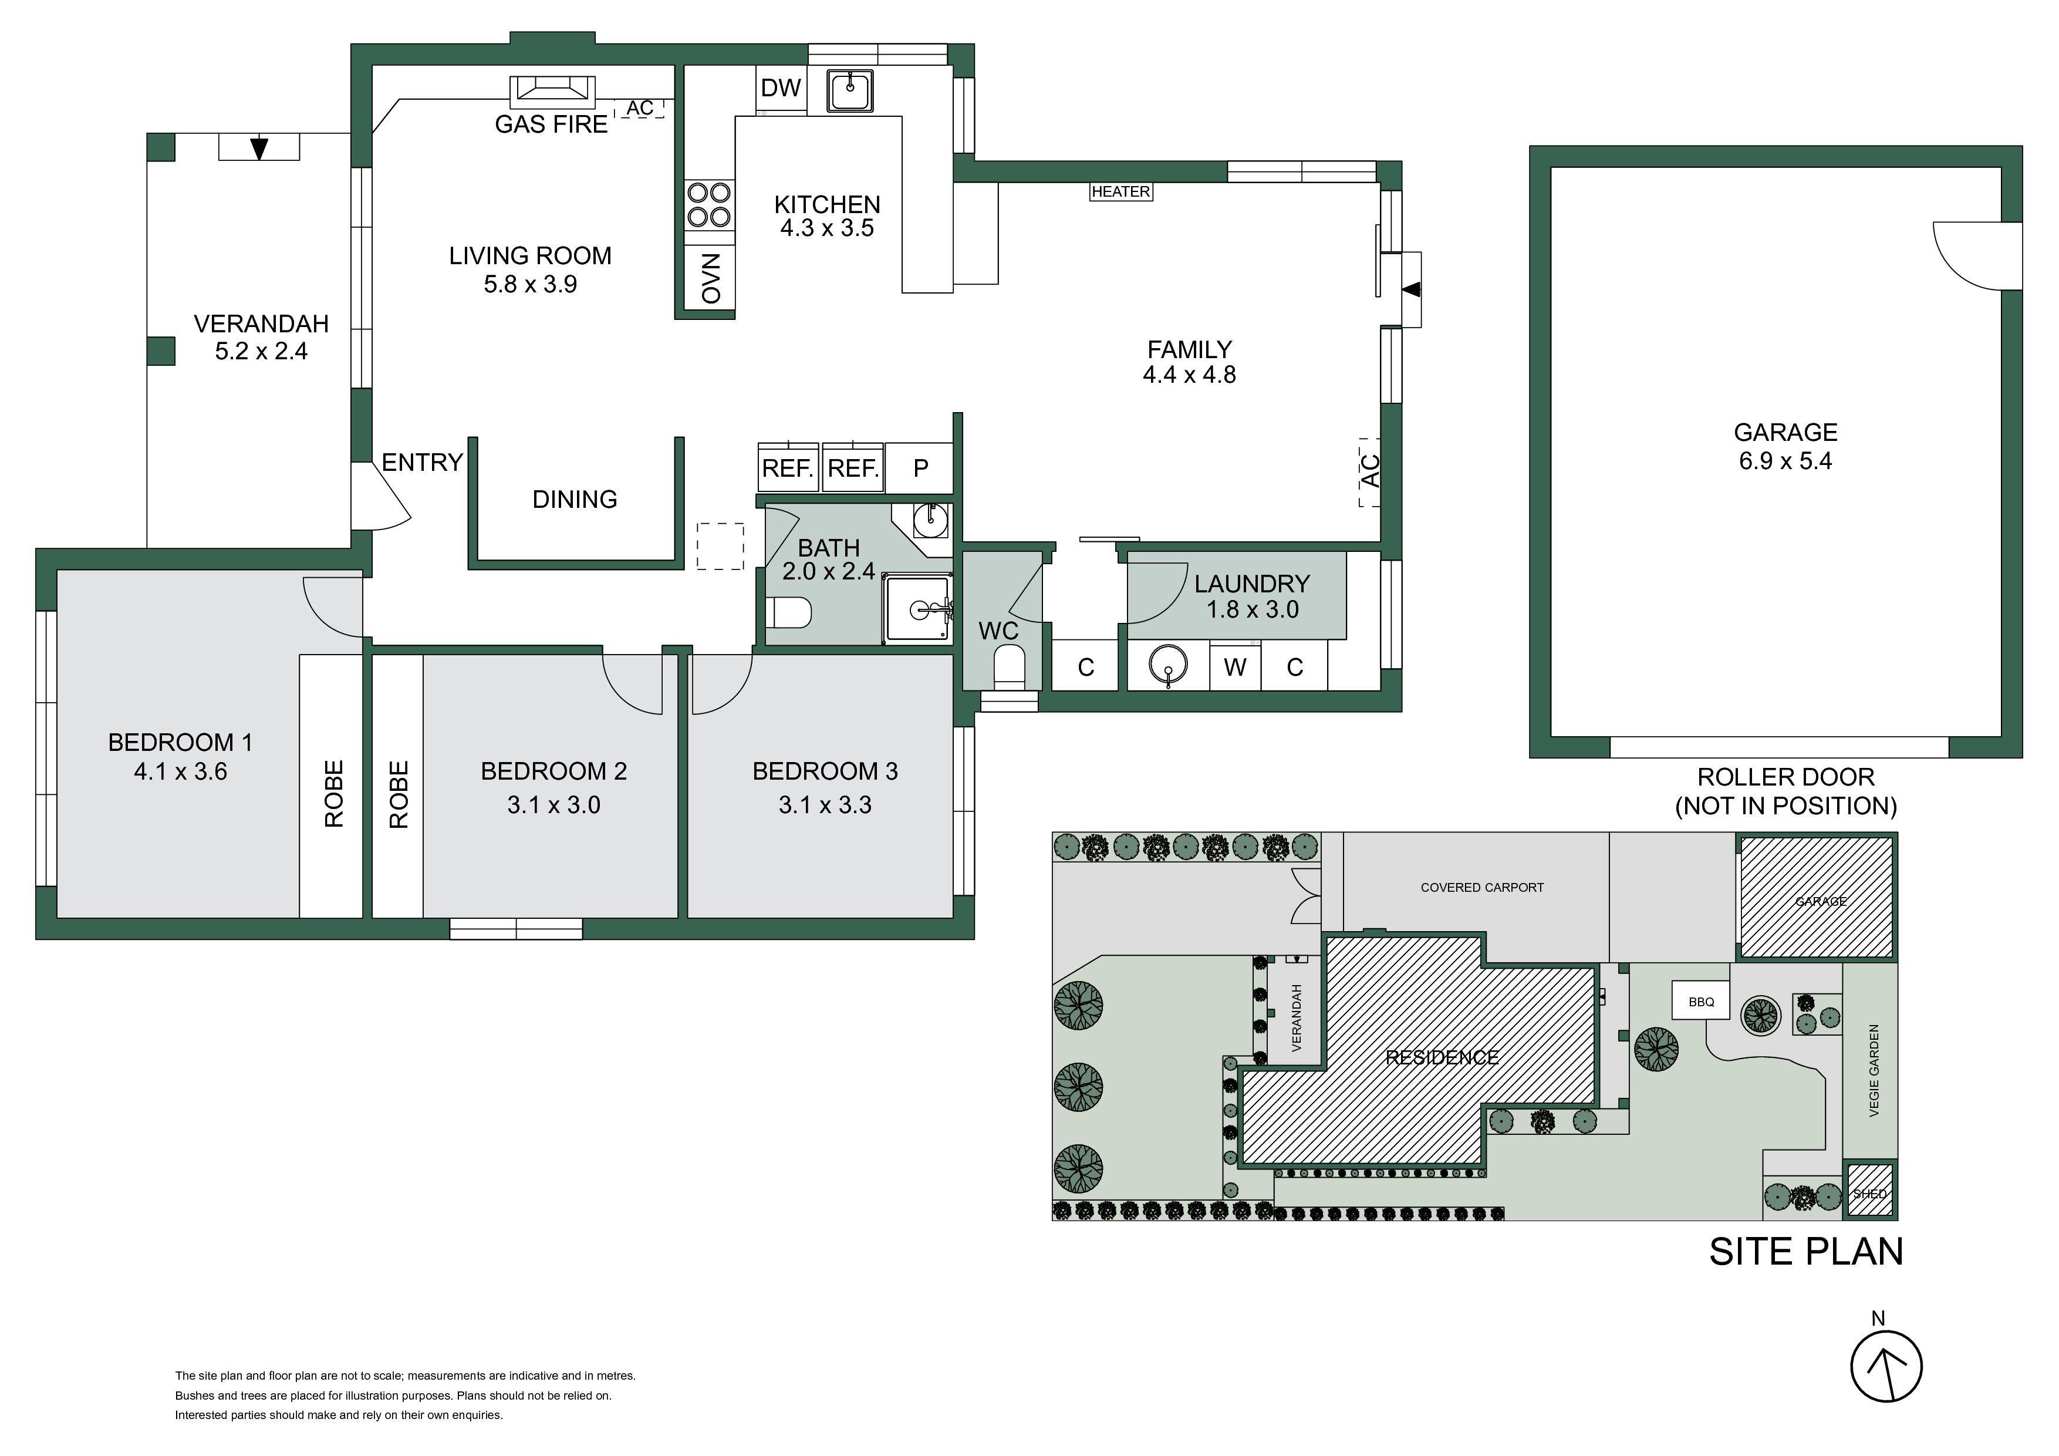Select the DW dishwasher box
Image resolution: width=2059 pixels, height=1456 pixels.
coord(781,88)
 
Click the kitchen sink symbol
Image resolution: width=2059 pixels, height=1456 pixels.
coord(850,90)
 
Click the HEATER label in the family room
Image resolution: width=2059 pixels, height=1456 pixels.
coord(1121,191)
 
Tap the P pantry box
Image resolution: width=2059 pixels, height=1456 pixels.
coord(920,467)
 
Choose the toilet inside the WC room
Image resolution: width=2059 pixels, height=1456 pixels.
coord(1009,666)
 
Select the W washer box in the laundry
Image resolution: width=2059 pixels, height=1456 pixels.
coord(1235,666)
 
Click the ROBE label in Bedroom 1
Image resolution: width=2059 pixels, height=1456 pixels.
coord(333,793)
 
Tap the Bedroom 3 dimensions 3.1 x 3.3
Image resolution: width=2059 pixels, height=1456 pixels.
coord(825,805)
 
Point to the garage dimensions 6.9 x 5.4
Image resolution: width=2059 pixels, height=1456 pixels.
coord(1785,461)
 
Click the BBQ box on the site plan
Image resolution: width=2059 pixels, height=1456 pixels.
coord(1701,1001)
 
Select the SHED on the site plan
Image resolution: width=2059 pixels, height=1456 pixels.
coord(1870,1191)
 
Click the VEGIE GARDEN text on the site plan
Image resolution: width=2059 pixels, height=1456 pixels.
coord(1874,1071)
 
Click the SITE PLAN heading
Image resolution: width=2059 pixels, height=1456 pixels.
coord(1806,1252)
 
